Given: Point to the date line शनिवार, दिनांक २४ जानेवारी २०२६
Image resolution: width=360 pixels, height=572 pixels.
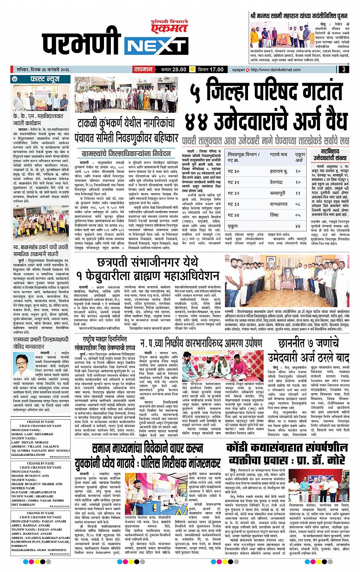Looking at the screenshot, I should click(39, 70).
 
